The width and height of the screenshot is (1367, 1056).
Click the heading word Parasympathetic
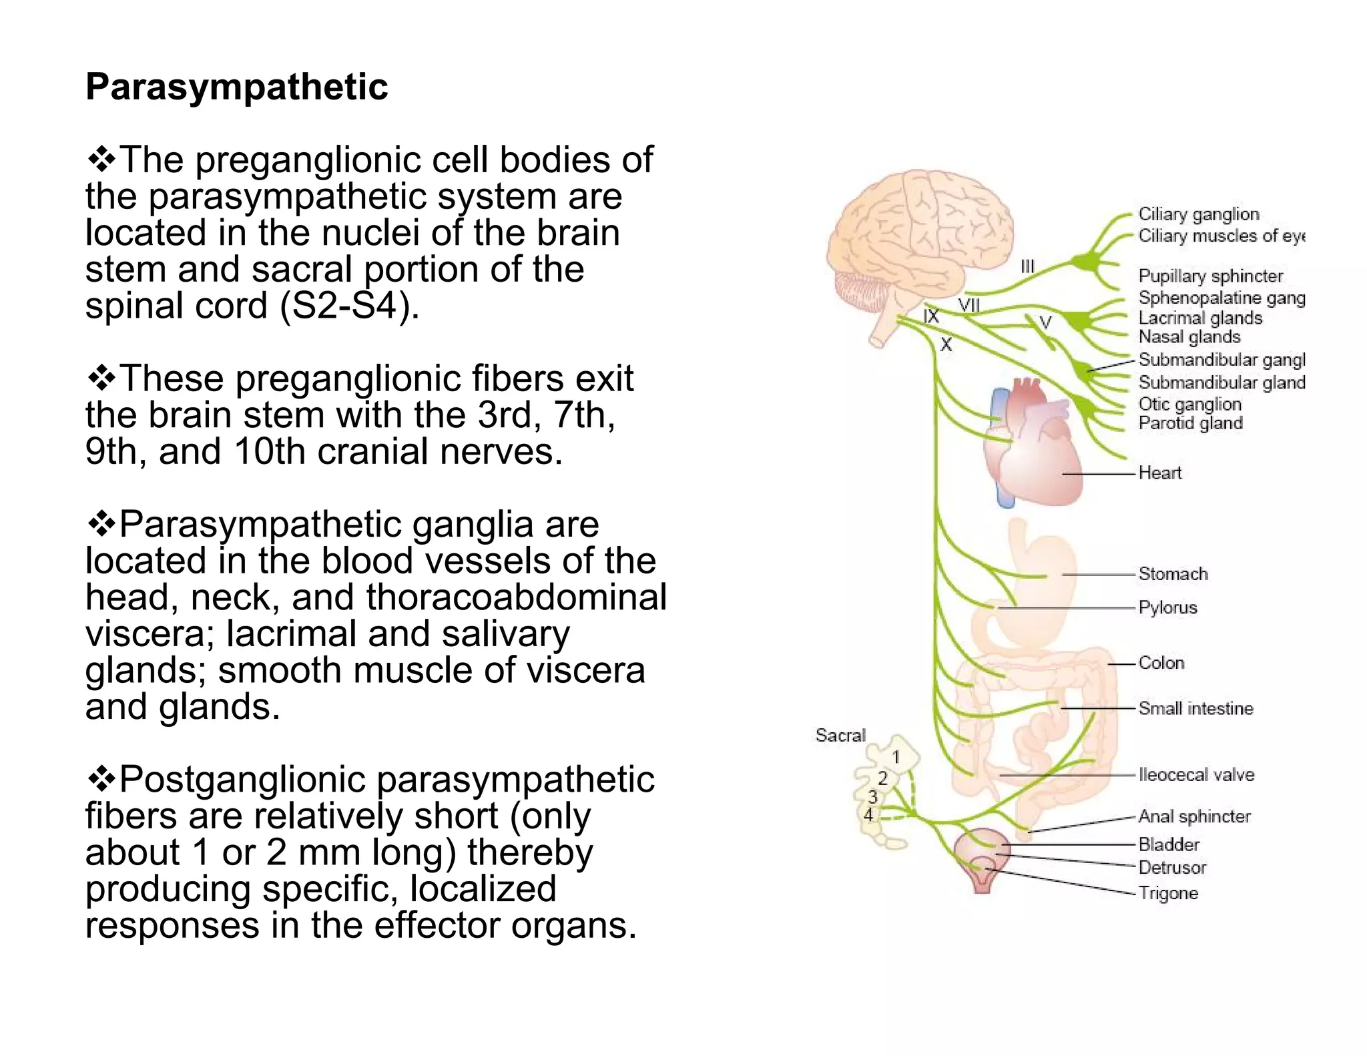[236, 87]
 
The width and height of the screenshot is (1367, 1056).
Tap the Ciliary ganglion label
[1198, 214]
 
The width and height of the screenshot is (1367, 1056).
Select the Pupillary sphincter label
[1210, 276]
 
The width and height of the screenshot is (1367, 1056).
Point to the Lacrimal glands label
[1199, 318]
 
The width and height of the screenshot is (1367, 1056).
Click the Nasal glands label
[1189, 337]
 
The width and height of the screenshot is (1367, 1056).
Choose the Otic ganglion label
[1189, 405]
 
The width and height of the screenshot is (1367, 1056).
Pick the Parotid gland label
[1190, 423]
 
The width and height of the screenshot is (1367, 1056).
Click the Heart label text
[1159, 473]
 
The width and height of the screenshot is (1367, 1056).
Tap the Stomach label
[1173, 574]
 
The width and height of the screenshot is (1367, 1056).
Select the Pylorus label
[1167, 608]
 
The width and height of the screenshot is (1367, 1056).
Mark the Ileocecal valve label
[1195, 775]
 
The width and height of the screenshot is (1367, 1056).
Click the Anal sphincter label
[1193, 816]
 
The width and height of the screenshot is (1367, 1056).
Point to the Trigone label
[1168, 893]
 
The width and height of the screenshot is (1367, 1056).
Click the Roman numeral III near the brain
[1027, 266]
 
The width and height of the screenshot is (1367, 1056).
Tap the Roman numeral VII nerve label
[969, 306]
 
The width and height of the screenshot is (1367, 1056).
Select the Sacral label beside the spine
[840, 736]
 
